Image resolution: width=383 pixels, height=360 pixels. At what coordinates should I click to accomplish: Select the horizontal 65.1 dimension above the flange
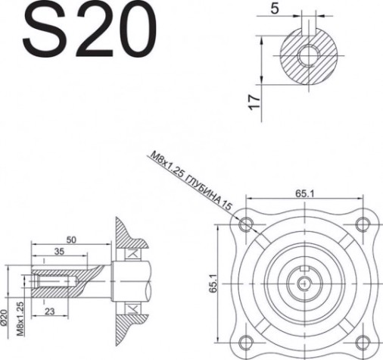[x=306, y=195]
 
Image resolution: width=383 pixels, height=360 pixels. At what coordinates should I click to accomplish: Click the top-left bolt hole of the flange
[x=244, y=225]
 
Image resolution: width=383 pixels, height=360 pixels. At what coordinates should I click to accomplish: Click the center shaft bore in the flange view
[x=304, y=283]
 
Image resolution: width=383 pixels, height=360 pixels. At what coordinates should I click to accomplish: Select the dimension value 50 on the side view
[x=71, y=239]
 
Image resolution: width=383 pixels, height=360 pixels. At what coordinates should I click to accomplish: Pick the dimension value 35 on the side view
[x=58, y=251]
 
